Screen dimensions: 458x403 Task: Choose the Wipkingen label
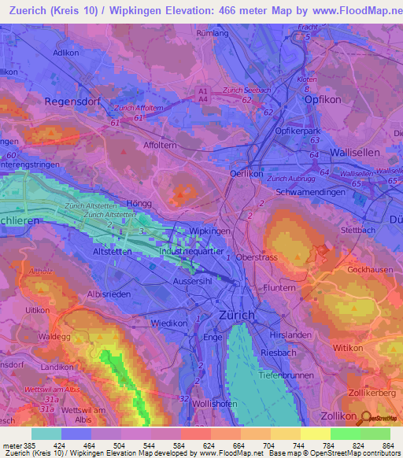click(x=210, y=231)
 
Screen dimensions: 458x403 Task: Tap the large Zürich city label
click(x=235, y=315)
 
